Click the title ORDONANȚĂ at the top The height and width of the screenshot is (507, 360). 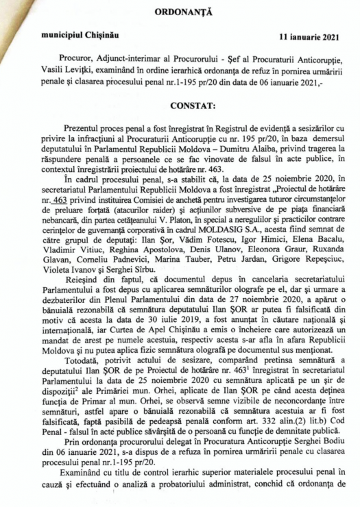coord(179,12)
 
